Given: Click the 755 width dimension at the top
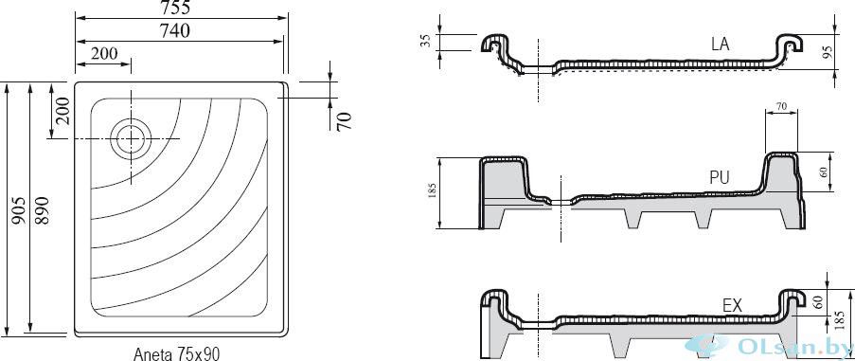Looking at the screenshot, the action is pyautogui.click(x=175, y=8).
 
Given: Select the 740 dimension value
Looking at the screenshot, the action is pyautogui.click(x=175, y=31).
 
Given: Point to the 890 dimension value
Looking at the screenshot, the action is pyautogui.click(x=43, y=209).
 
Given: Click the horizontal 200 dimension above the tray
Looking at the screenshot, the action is pyautogui.click(x=104, y=53).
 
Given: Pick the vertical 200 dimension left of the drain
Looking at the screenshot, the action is pyautogui.click(x=62, y=111).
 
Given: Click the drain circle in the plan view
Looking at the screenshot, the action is pyautogui.click(x=131, y=138).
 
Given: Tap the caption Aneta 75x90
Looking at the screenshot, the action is pyautogui.click(x=176, y=353).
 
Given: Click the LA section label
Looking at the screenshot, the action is pyautogui.click(x=720, y=45).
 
